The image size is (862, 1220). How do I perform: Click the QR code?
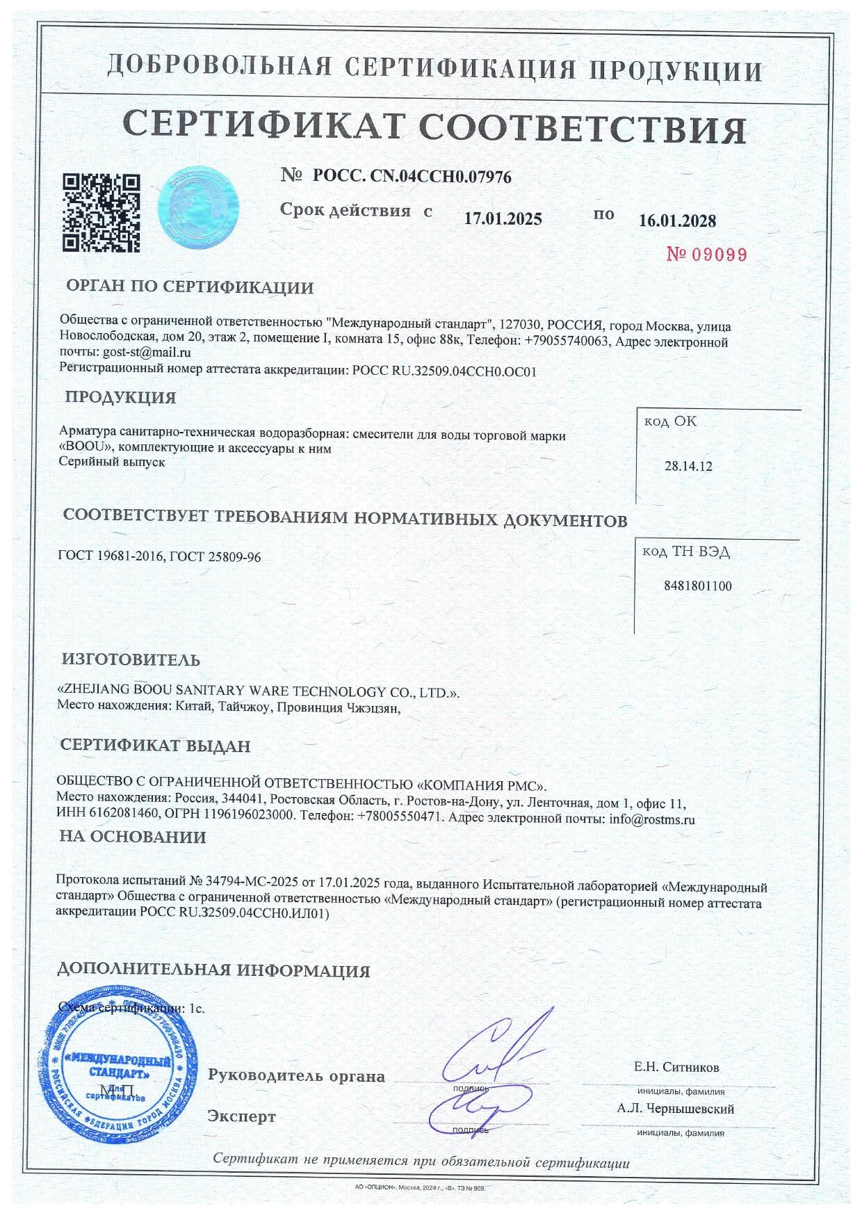coord(101,212)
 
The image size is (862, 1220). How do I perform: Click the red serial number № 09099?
coord(706,255)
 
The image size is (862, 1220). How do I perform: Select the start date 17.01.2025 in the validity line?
coord(503,218)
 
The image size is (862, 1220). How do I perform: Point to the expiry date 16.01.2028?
coord(676,220)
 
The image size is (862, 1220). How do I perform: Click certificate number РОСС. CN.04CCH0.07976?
coord(412,177)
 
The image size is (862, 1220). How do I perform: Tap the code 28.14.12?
coord(688,466)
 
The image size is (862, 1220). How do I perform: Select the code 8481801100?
coord(698,586)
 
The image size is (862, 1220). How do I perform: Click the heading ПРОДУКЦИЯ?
coord(120,398)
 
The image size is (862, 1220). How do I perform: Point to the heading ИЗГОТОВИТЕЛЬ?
coord(131,659)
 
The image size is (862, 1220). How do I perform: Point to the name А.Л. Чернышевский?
coord(675,1109)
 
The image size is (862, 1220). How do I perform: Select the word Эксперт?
coord(241,1117)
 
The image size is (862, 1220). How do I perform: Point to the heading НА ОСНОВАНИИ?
coord(133,837)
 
